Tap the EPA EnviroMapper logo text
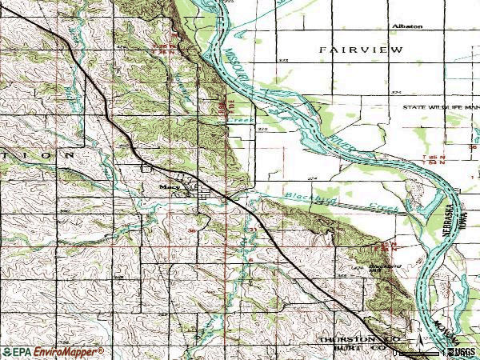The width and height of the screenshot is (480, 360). tap(53, 352)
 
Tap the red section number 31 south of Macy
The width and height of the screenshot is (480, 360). tap(251, 230)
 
